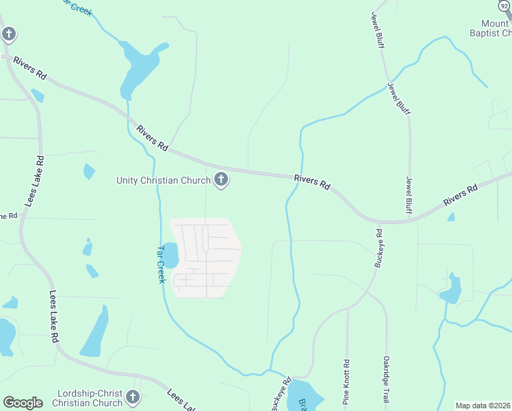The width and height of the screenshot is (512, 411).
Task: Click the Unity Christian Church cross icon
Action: (221, 180)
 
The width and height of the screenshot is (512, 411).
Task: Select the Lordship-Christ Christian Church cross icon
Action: (133, 397)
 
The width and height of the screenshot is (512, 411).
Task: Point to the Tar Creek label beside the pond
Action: (162, 264)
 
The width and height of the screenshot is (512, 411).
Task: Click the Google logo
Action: (23, 403)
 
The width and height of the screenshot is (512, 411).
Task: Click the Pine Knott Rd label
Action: (346, 381)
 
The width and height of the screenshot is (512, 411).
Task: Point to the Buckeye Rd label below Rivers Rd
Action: (379, 248)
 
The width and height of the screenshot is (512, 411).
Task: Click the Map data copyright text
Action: (483, 406)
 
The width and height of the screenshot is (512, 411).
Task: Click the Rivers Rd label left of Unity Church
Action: (152, 138)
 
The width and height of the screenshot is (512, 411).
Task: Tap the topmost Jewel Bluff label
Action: (378, 29)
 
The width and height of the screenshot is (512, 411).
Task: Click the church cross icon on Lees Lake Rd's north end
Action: (8, 34)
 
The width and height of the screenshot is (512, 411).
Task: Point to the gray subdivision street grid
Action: (205, 258)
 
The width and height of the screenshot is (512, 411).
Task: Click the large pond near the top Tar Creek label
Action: (137, 67)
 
